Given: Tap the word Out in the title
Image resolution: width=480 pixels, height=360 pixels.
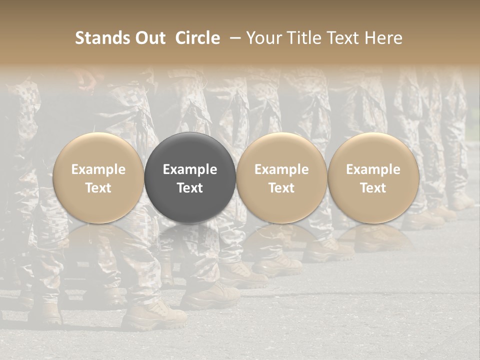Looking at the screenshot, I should pyautogui.click(x=149, y=38).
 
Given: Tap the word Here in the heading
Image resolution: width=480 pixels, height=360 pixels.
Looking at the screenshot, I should pyautogui.click(x=384, y=38).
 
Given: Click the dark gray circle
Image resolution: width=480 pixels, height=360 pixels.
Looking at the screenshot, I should pyautogui.click(x=190, y=150).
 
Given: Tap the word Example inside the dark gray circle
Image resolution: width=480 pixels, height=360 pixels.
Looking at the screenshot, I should pyautogui.click(x=190, y=169).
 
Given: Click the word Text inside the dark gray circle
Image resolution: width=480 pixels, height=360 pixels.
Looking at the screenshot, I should pyautogui.click(x=190, y=188).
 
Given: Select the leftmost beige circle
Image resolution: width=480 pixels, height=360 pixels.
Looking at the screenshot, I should pyautogui.click(x=98, y=150).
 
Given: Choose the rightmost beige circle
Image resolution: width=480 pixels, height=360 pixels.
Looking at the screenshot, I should pyautogui.click(x=373, y=150).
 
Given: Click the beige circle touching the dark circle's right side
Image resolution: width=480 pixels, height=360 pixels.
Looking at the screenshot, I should pyautogui.click(x=281, y=150).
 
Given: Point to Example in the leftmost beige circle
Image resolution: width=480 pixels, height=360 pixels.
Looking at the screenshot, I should pyautogui.click(x=98, y=169).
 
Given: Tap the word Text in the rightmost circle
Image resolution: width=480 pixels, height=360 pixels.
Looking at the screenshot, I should pyautogui.click(x=373, y=188).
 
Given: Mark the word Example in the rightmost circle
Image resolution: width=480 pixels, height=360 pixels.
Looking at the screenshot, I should pyautogui.click(x=373, y=169).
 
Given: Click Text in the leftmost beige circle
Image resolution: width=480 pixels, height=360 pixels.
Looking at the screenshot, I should pyautogui.click(x=98, y=188).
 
